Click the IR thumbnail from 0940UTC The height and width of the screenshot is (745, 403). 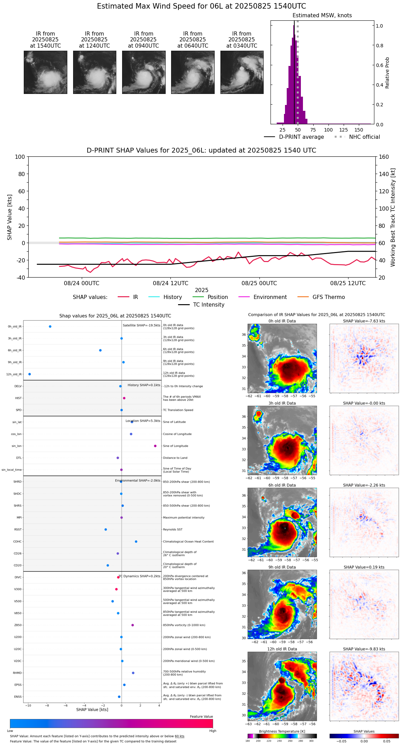(x=144, y=72)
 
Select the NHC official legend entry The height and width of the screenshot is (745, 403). (x=364, y=137)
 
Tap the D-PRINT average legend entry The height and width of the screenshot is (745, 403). (x=301, y=137)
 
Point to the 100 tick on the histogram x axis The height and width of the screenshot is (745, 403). (x=328, y=130)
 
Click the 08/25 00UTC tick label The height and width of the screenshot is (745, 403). (x=259, y=283)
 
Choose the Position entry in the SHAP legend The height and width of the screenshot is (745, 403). (x=217, y=297)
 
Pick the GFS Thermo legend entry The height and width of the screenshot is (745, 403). (x=328, y=297)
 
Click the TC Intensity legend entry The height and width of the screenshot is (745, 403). (x=208, y=305)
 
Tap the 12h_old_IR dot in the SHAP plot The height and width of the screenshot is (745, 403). (x=29, y=374)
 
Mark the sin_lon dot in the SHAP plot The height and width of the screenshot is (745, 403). (x=155, y=446)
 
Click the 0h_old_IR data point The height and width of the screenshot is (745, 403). (x=50, y=327)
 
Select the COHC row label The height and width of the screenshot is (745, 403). (x=17, y=542)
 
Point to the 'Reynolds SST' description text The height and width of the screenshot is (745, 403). (x=173, y=530)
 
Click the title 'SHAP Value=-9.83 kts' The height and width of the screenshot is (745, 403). (x=364, y=649)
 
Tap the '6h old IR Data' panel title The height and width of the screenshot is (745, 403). (x=282, y=485)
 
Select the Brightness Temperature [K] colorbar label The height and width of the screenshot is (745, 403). (x=282, y=731)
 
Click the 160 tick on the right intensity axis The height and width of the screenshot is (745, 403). (x=384, y=157)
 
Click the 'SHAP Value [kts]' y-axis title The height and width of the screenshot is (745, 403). (x=10, y=217)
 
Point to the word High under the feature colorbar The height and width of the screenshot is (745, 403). (x=213, y=731)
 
